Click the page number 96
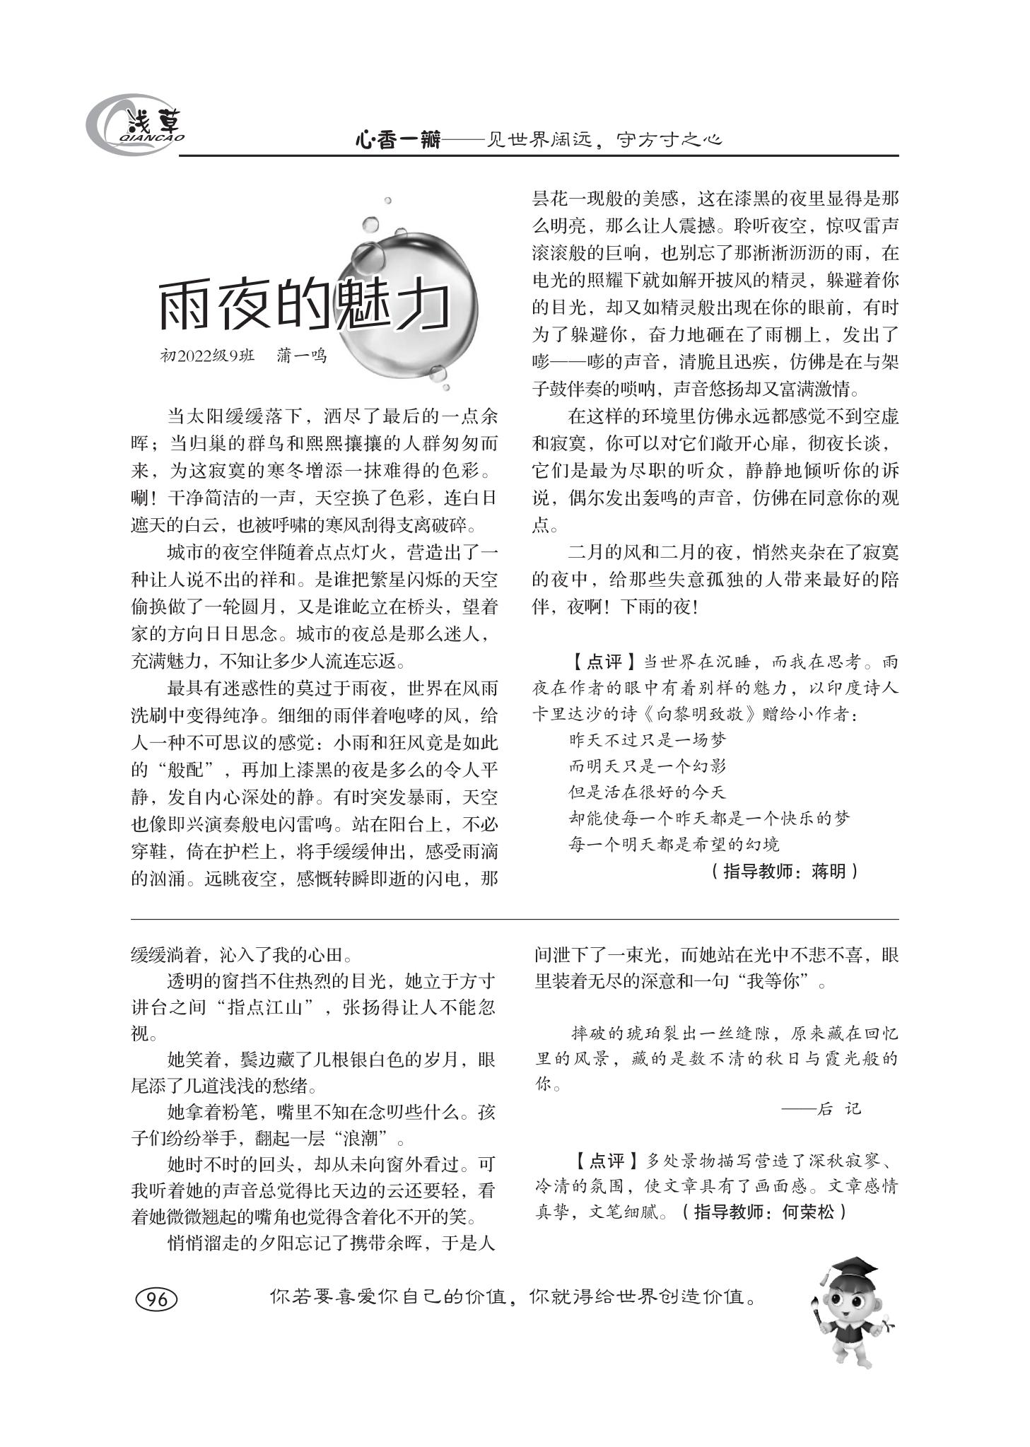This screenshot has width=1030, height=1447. click(156, 1299)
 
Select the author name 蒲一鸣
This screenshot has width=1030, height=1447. click(301, 356)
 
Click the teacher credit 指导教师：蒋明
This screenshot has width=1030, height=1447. click(784, 871)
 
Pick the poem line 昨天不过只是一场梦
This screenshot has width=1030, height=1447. click(648, 740)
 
